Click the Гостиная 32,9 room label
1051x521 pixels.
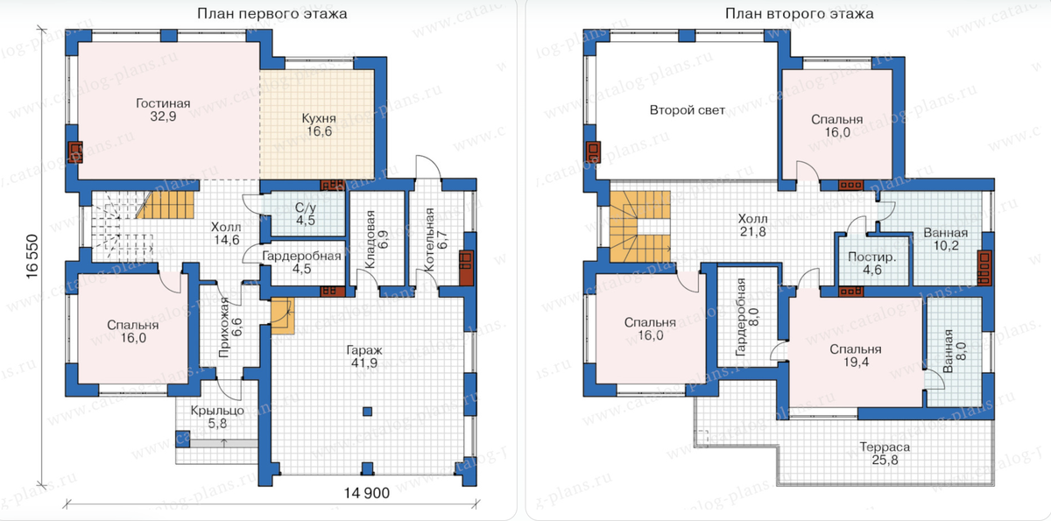(163, 109)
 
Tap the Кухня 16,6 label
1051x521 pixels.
(319, 124)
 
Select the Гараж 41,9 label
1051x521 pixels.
(364, 356)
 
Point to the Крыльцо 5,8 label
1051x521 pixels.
(217, 417)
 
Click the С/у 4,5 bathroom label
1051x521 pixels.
(306, 214)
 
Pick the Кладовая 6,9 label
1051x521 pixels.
(377, 239)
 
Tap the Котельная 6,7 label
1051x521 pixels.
(435, 240)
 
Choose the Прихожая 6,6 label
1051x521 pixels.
(229, 327)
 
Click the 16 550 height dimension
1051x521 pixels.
(32, 257)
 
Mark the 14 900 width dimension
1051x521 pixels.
(366, 493)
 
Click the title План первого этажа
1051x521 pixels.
(272, 14)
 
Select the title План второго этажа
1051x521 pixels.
(800, 14)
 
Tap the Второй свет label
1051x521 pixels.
(688, 110)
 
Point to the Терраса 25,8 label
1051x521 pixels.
(885, 454)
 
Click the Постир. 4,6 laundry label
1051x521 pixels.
(872, 264)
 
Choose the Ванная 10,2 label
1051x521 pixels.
(946, 239)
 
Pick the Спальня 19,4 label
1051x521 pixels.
(856, 356)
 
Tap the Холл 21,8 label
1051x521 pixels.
(753, 225)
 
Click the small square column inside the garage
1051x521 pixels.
(367, 412)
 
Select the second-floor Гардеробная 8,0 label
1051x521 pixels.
(747, 317)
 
